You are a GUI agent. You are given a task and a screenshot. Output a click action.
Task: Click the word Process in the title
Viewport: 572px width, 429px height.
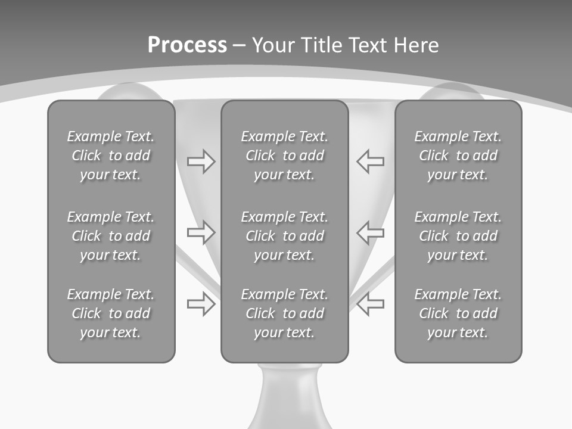(x=187, y=45)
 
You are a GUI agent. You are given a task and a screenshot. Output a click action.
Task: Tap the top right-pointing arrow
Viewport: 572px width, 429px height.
(x=201, y=161)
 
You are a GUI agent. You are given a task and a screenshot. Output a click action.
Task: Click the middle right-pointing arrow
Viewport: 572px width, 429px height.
(x=201, y=232)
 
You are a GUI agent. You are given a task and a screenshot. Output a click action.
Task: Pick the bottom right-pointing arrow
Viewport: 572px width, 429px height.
(x=201, y=304)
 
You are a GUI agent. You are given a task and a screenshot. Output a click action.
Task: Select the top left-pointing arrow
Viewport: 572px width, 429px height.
(x=370, y=161)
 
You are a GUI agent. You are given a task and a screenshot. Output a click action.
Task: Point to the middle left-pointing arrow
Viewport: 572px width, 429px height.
(x=370, y=232)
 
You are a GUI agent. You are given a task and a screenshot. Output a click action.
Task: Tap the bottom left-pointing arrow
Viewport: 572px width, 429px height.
(x=370, y=304)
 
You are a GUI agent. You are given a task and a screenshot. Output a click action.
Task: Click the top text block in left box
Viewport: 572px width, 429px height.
(x=111, y=156)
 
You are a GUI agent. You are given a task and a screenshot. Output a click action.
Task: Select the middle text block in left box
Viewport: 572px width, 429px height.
(x=111, y=236)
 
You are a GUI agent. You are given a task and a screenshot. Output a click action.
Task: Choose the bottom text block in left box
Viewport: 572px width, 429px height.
(x=111, y=313)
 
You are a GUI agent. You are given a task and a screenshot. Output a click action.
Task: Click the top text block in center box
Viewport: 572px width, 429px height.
(x=284, y=156)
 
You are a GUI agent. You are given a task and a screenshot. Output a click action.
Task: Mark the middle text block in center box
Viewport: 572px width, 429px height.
(x=284, y=236)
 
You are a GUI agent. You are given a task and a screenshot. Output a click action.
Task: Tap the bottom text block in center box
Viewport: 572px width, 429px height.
(x=284, y=313)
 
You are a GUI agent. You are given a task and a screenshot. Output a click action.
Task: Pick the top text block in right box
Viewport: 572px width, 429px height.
(x=458, y=156)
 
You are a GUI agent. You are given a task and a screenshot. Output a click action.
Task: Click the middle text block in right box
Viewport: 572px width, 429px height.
(x=458, y=236)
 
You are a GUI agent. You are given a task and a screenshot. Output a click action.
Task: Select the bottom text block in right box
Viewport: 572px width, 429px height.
(x=458, y=313)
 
